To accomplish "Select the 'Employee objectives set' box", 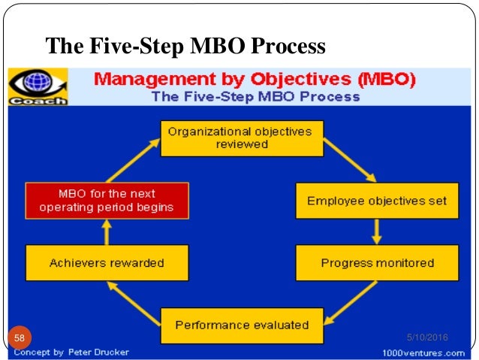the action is pyautogui.click(x=377, y=201).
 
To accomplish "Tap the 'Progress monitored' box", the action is pyautogui.click(x=377, y=263).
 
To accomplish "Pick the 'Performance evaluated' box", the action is pyautogui.click(x=242, y=325).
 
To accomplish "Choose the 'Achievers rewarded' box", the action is pyautogui.click(x=106, y=263).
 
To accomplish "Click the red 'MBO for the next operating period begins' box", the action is pyautogui.click(x=106, y=201).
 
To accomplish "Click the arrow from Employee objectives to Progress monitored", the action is pyautogui.click(x=377, y=231).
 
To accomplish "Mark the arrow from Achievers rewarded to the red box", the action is pyautogui.click(x=107, y=232).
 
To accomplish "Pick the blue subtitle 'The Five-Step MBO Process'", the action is pyautogui.click(x=255, y=96).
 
